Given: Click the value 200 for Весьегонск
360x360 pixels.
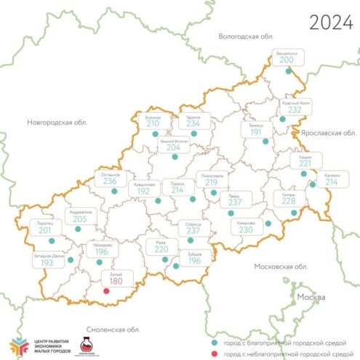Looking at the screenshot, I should click(x=286, y=61).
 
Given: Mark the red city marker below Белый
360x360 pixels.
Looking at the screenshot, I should click(x=107, y=292).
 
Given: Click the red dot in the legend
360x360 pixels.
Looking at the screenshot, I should click(x=213, y=353).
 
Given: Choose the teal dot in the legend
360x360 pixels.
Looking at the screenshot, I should click(x=213, y=342).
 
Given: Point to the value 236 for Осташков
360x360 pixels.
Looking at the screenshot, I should click(x=110, y=182).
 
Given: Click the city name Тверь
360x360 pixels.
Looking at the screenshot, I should click(x=233, y=196).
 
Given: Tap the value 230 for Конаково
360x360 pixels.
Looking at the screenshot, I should click(x=246, y=229).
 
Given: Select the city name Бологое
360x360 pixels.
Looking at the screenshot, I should click(x=153, y=116).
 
